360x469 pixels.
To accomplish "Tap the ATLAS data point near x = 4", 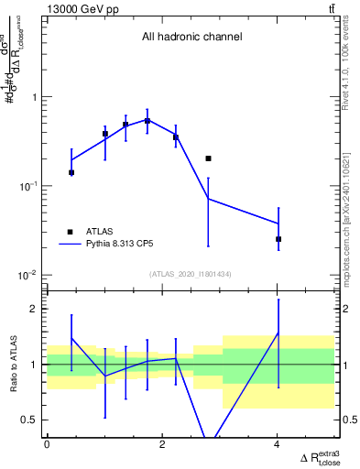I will (x=278, y=239).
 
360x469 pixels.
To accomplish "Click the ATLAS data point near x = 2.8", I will (x=208, y=158).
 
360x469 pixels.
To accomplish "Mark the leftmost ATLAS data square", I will (x=71, y=172).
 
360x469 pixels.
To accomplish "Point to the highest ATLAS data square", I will (x=147, y=121).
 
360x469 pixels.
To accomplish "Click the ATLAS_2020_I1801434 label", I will (x=191, y=275).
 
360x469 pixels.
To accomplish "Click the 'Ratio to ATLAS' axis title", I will (x=12, y=365).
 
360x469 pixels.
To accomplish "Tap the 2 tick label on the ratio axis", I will (x=32, y=309).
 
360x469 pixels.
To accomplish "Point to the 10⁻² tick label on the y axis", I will (x=27, y=275).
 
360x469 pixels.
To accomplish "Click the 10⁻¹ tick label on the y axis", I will (x=27, y=186).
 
